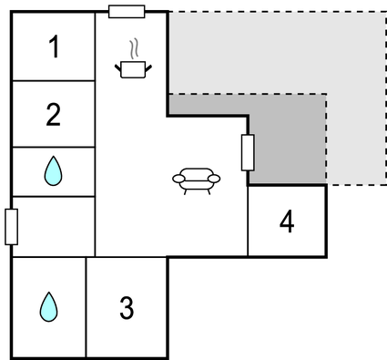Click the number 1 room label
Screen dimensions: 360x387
[54, 46]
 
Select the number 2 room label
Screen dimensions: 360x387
[54, 115]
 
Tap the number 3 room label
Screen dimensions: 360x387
[127, 308]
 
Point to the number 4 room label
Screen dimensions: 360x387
[287, 221]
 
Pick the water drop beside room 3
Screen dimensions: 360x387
[47, 307]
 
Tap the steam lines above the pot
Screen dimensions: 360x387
[135, 47]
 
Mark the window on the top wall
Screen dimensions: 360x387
[127, 11]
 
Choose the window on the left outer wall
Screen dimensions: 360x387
[11, 226]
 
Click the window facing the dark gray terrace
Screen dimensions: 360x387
[248, 152]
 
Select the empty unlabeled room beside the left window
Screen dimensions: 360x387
[54, 225]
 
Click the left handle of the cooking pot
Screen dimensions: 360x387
[119, 64]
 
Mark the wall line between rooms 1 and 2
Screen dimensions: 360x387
[54, 81]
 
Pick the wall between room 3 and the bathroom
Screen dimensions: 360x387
[86, 307]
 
